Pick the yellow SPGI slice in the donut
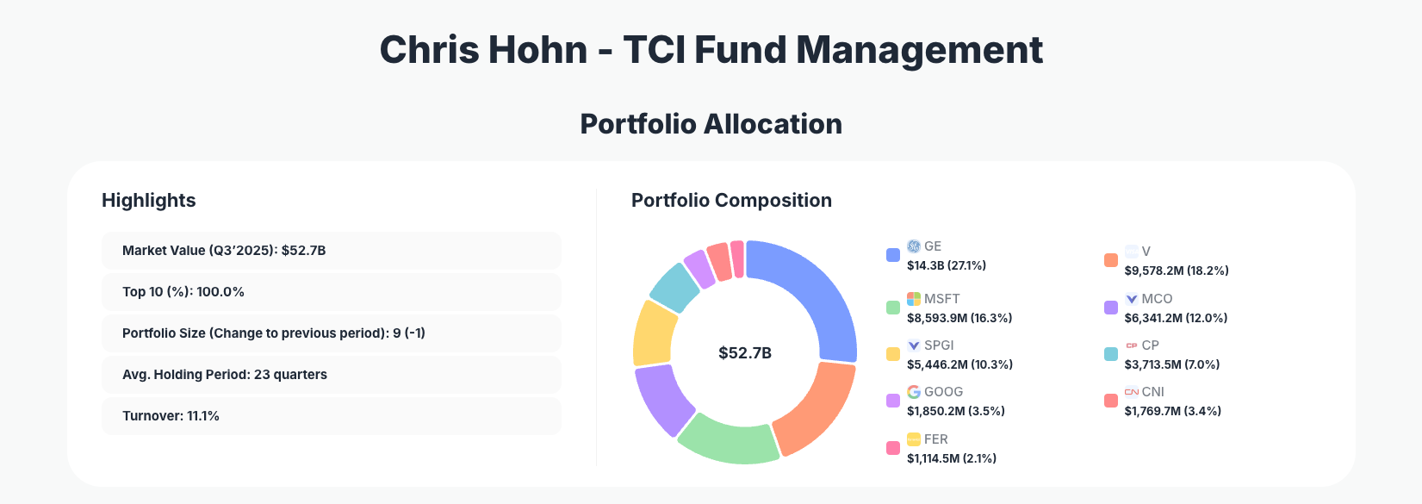point(654,332)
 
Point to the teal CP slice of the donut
point(674,287)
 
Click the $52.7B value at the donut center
point(745,353)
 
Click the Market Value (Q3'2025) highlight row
point(331,251)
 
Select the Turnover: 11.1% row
point(331,416)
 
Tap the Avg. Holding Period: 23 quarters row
point(331,375)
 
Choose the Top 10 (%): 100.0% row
point(331,292)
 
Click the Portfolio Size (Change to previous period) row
point(331,333)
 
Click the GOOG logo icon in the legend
point(914,392)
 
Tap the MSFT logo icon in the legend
point(914,299)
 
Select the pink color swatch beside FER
point(893,448)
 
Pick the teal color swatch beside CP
point(1111,354)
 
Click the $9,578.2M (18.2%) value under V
point(1177,271)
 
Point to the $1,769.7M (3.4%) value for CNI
point(1172,411)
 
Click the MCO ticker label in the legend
point(1157,299)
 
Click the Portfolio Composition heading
point(731,201)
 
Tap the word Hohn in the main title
point(538,50)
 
